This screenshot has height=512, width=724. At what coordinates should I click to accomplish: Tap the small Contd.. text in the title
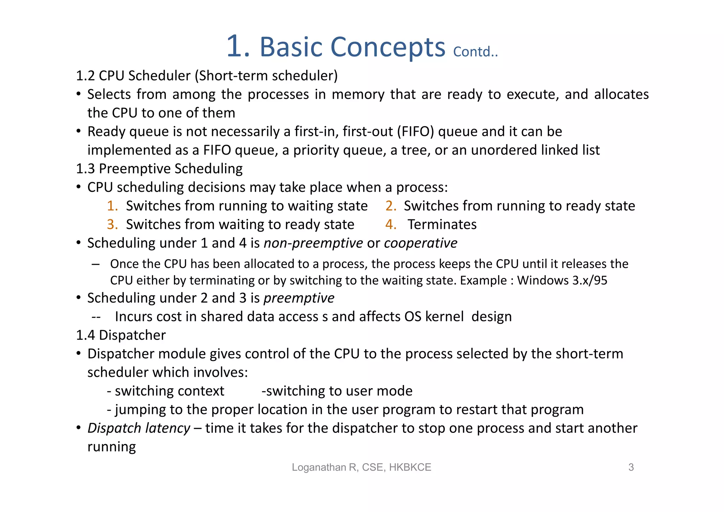(475, 52)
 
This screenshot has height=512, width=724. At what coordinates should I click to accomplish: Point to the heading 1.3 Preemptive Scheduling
(159, 169)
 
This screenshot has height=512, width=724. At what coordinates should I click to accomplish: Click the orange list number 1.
(112, 206)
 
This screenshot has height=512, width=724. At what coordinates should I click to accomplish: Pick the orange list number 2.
(391, 206)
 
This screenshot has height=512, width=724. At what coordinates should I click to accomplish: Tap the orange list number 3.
(112, 225)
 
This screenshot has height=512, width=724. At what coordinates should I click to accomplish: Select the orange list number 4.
(391, 225)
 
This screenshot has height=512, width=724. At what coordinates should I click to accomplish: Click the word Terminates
(442, 225)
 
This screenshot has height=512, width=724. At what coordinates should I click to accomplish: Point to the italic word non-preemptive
(313, 243)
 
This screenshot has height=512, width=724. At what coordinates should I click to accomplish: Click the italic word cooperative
(420, 243)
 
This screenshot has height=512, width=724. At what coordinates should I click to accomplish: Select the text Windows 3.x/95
(562, 281)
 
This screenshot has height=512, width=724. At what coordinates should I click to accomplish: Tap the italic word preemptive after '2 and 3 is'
(299, 298)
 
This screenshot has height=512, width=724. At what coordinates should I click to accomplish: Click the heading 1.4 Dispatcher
(121, 335)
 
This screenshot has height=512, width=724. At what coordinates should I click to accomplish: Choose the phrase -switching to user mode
(337, 391)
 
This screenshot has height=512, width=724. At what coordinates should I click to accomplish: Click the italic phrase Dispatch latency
(139, 428)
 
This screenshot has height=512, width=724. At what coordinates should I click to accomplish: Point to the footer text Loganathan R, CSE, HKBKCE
(361, 467)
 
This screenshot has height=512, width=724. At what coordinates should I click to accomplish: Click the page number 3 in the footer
(631, 467)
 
